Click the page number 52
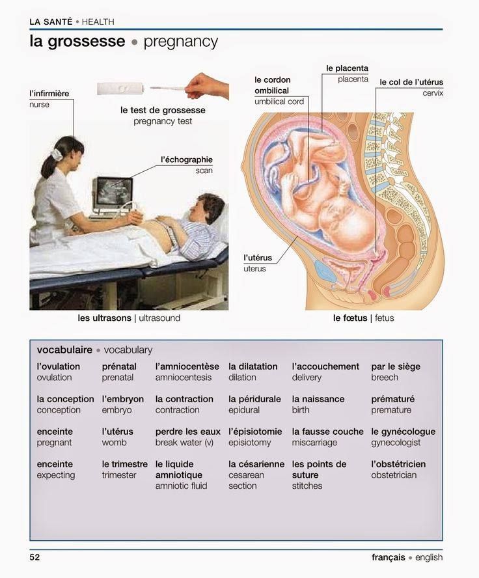click(x=34, y=557)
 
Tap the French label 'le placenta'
click(x=347, y=68)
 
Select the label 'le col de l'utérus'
click(x=411, y=82)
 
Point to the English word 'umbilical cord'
click(x=279, y=102)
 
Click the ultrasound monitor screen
click(x=114, y=191)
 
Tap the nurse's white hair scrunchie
click(x=57, y=154)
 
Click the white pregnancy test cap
click(x=120, y=89)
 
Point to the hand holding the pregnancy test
click(x=207, y=87)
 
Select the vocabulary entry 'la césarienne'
click(x=256, y=464)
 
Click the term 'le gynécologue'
click(x=403, y=432)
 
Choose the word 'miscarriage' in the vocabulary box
click(x=314, y=443)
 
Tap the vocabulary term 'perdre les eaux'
click(x=188, y=432)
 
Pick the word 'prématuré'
click(x=393, y=399)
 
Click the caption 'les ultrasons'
click(x=104, y=318)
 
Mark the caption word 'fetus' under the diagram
click(x=384, y=318)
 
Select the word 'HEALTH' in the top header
click(x=98, y=21)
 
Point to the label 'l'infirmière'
click(x=49, y=94)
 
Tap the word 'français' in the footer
click(x=389, y=557)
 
